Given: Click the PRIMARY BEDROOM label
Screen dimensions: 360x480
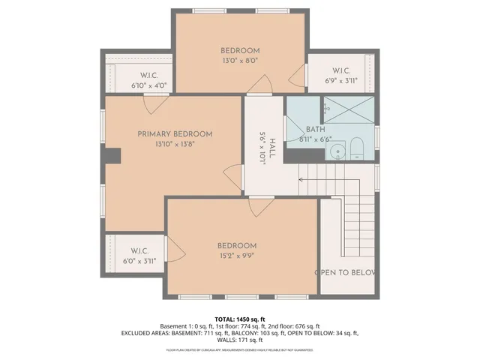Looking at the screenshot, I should click(x=175, y=133).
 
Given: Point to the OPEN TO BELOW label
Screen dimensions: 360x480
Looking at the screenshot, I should click(x=344, y=272).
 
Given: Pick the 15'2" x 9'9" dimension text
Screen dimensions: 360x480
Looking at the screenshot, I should click(x=237, y=255).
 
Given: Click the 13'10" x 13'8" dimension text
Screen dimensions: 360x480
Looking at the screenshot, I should click(x=175, y=144).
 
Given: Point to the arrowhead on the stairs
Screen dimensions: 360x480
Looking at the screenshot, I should click(x=301, y=179).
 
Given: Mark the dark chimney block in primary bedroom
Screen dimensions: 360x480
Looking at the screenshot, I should click(x=112, y=155).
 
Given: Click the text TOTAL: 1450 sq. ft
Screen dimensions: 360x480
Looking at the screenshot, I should click(x=240, y=319).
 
